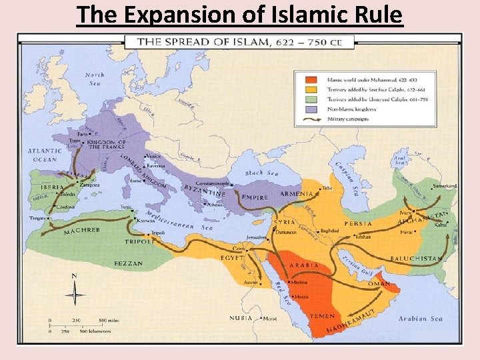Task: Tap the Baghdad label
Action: [330, 231]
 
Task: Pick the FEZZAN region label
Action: [128, 264]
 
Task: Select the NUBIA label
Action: [241, 319]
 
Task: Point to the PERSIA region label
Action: [358, 223]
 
